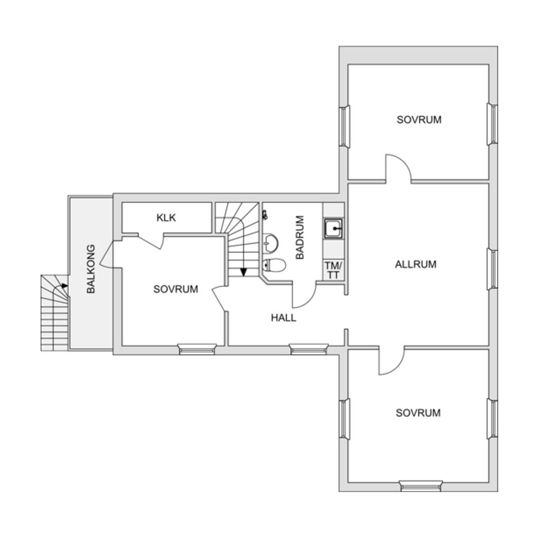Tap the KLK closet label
[x=166, y=218]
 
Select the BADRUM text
[x=300, y=237]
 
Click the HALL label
[x=284, y=317]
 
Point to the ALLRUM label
[x=415, y=264]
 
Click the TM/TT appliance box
[x=334, y=269]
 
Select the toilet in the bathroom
[x=274, y=265]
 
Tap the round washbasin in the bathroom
[x=271, y=243]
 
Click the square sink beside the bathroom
[x=334, y=229]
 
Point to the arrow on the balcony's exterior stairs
[x=65, y=286]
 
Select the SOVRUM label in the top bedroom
[x=419, y=120]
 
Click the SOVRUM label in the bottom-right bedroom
[x=418, y=413]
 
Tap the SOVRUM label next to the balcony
[x=176, y=289]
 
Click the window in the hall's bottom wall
[x=309, y=350]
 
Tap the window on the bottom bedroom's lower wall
[x=421, y=486]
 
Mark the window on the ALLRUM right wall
[x=492, y=269]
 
